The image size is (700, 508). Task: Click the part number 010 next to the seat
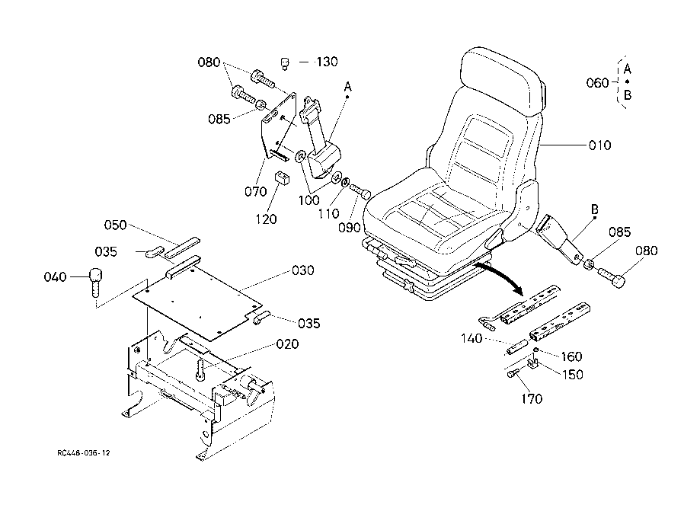pos(599,145)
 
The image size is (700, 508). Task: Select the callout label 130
pos(327,62)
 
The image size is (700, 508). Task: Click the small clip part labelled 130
pos(286,63)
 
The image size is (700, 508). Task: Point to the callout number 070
pos(255,191)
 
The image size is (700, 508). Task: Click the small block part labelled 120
pos(281,177)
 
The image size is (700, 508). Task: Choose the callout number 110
pos(328,214)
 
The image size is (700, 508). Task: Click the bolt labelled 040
pos(95,282)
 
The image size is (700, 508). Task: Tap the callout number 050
pos(115,225)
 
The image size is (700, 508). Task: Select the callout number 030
pos(302,270)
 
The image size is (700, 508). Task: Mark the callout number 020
pos(287,343)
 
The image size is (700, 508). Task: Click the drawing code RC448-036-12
pos(84,452)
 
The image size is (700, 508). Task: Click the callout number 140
pos(471,338)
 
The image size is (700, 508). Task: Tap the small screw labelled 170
pos(513,372)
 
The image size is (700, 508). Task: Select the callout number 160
pos(571,356)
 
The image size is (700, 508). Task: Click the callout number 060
pos(597,82)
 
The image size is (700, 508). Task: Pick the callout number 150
pos(572,374)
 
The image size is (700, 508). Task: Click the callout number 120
pos(266,219)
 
